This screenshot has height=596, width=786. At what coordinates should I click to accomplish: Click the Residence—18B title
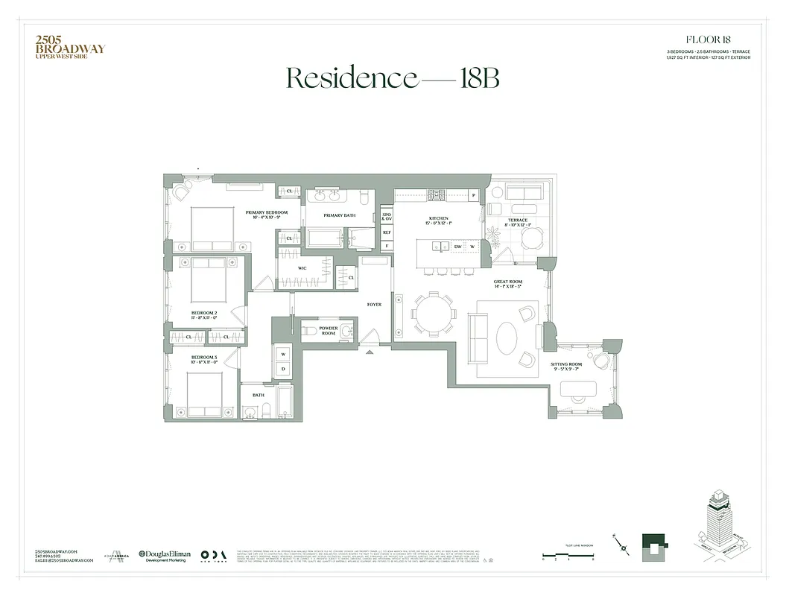pyautogui.click(x=393, y=77)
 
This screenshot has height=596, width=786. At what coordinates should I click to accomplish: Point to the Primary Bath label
pyautogui.click(x=339, y=215)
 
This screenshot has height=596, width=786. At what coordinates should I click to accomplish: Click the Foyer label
pyautogui.click(x=374, y=305)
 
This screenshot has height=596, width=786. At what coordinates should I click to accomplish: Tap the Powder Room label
pyautogui.click(x=329, y=330)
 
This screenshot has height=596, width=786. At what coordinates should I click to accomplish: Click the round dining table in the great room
pyautogui.click(x=433, y=313)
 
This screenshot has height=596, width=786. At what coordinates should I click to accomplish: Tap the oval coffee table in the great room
pyautogui.click(x=507, y=339)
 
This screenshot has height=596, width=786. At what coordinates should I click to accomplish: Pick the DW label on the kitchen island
pyautogui.click(x=458, y=247)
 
